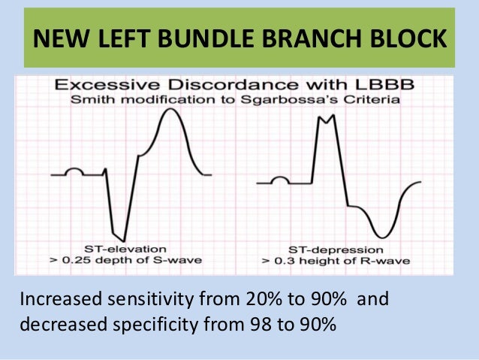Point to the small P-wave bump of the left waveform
pos(74,171)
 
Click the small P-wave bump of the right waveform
pos(280,179)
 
